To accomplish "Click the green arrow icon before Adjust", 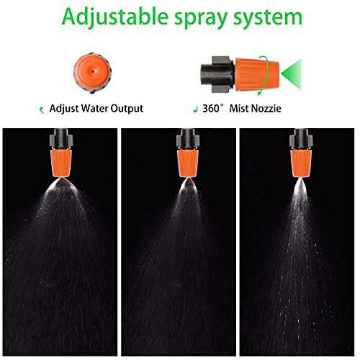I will point(42,109).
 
